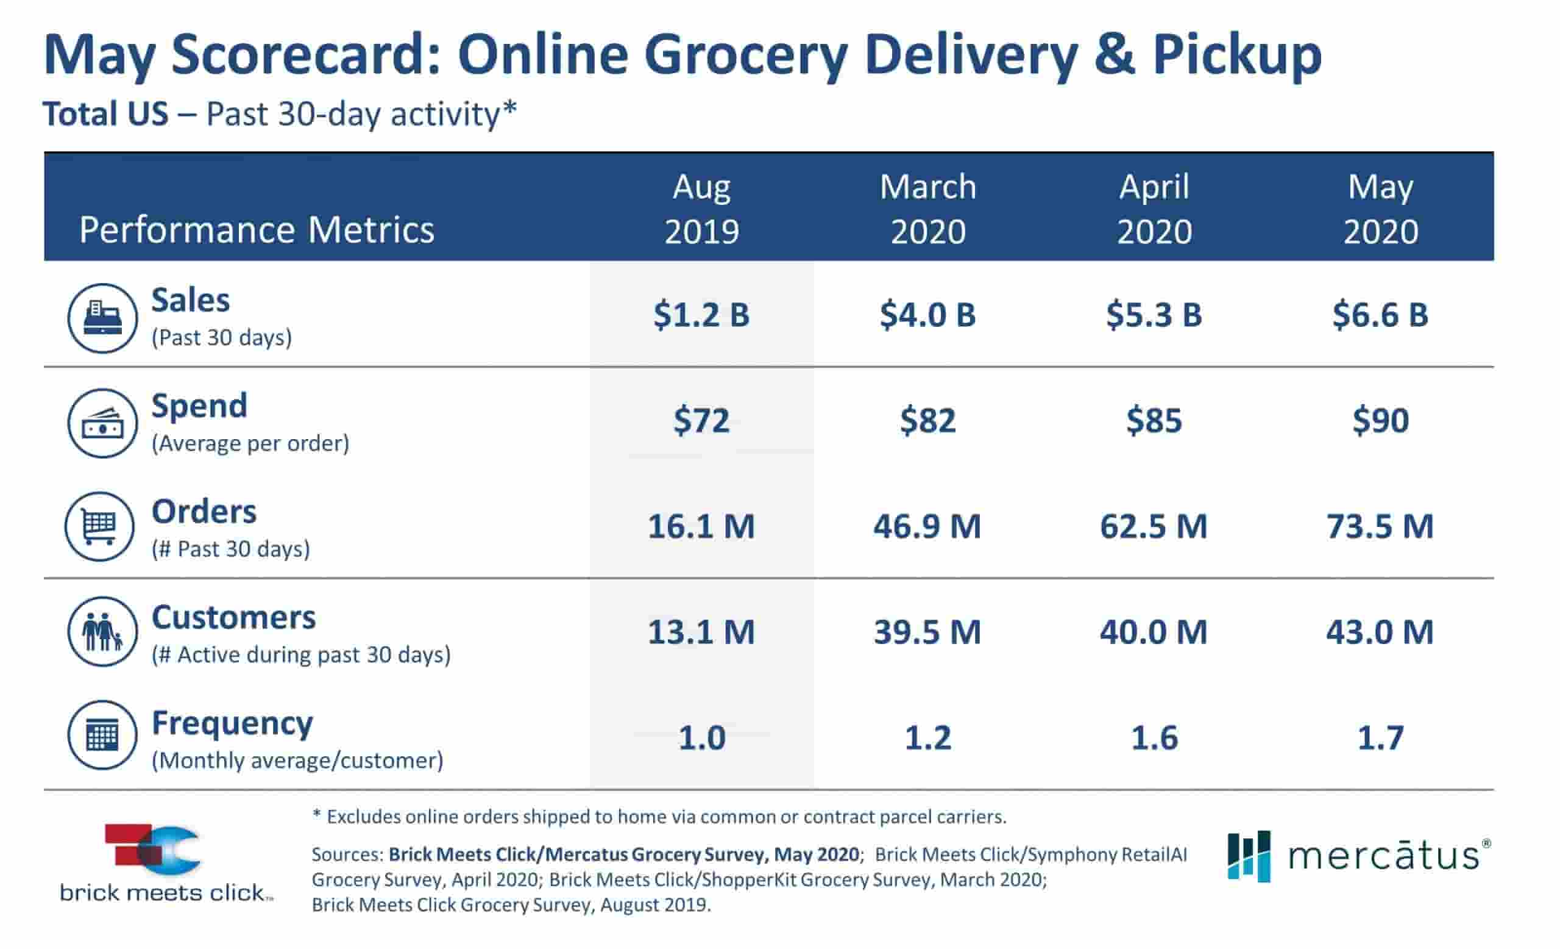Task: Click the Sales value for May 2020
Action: coord(1380,315)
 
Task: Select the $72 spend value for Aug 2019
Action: coord(701,421)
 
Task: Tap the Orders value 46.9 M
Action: coord(927,526)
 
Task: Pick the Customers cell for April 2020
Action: coord(1154,632)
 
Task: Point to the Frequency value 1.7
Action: coord(1380,738)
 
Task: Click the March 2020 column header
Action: coord(927,209)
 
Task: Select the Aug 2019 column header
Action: coord(701,209)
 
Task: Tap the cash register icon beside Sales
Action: coord(102,318)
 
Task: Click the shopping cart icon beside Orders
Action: coord(100,526)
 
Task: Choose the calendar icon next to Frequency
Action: coord(102,735)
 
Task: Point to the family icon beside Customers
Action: coord(102,632)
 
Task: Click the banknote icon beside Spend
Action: coord(102,423)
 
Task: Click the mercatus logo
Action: coord(1359,856)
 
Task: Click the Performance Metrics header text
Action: coord(257,229)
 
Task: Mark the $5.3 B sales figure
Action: coord(1154,315)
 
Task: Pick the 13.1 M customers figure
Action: coord(701,632)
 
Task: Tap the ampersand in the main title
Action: coord(1115,56)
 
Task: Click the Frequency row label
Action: coord(232,723)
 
